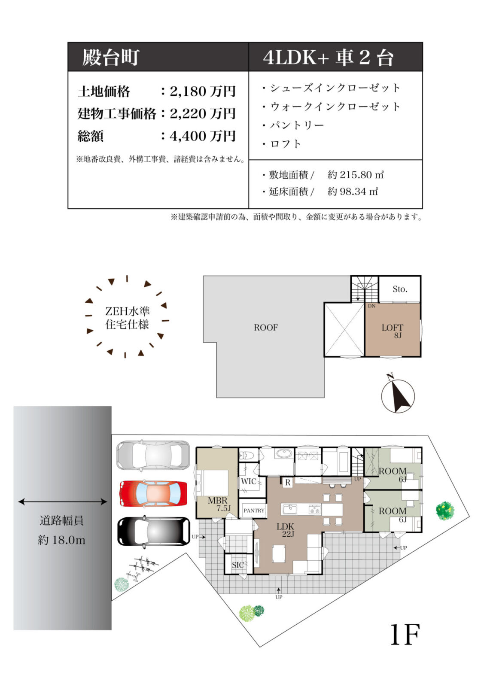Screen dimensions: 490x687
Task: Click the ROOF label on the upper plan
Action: coord(266,328)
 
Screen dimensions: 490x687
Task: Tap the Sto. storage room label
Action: coord(400,289)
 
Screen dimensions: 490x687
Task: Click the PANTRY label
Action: coord(254,511)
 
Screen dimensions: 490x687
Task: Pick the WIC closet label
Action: coord(249,481)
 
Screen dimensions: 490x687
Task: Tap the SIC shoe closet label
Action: coord(238,565)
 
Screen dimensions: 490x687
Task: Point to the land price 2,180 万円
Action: coord(203,91)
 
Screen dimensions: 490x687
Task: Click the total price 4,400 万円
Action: coord(203,136)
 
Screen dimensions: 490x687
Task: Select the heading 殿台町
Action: coord(111,58)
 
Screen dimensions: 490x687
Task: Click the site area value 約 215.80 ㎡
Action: coord(355,175)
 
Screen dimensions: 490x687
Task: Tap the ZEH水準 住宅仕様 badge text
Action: coord(128,318)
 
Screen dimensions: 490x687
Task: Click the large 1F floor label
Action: coord(405,635)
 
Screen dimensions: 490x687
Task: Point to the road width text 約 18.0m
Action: coord(61,540)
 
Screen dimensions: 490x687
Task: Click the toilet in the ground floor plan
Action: coord(246,455)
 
